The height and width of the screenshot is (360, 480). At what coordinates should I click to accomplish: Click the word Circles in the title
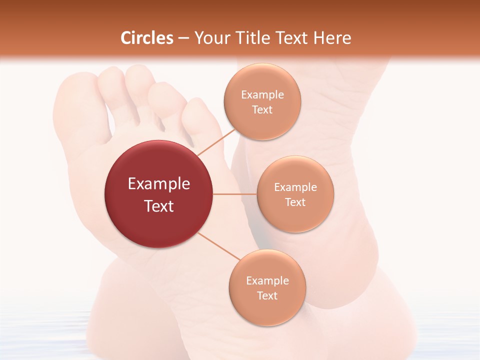pyautogui.click(x=146, y=38)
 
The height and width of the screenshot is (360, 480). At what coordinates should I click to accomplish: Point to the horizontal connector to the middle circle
pyautogui.click(x=234, y=194)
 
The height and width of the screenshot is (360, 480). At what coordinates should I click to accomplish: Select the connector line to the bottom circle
pyautogui.click(x=218, y=246)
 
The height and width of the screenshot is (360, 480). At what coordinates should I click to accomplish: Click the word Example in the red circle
pyautogui.click(x=159, y=183)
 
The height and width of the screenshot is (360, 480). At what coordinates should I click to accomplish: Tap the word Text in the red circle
pyautogui.click(x=159, y=205)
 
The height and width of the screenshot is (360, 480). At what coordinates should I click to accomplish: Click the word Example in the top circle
pyautogui.click(x=262, y=94)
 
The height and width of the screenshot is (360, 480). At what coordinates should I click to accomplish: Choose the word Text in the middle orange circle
pyautogui.click(x=295, y=202)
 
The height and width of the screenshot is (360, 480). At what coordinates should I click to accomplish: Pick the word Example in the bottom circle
pyautogui.click(x=267, y=280)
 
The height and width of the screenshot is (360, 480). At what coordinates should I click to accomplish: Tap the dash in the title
pyautogui.click(x=183, y=38)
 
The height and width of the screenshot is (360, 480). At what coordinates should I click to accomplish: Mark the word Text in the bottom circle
pyautogui.click(x=267, y=295)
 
